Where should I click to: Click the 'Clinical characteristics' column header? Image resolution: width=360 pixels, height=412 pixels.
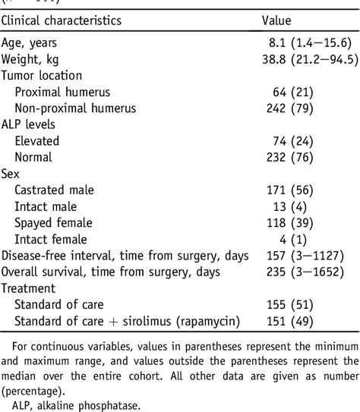[x=72, y=20]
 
